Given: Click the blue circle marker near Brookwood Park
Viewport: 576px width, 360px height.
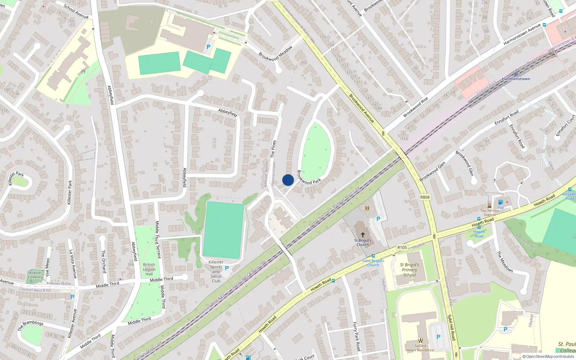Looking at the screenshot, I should coord(288,180).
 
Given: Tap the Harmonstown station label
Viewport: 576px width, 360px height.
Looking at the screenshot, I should coord(516,79).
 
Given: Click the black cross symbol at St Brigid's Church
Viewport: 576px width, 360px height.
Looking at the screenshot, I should coord(363,235).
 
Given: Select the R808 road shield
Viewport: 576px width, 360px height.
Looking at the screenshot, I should coord(425,197).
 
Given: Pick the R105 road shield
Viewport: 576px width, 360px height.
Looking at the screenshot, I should coord(402,247).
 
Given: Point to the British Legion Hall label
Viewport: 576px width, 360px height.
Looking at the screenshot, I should coord(149,269).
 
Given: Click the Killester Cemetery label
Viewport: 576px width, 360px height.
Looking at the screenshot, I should coord(36,275).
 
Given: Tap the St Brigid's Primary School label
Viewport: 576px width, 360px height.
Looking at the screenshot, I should coord(409,270).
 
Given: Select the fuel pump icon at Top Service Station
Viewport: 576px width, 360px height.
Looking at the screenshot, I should coord(500,202).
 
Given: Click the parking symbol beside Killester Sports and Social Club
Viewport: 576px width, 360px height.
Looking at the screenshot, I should coord(227,268).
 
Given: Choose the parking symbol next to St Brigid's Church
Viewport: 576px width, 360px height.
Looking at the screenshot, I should coord(378,219).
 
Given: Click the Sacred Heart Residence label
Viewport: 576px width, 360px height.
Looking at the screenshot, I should coord(420,348).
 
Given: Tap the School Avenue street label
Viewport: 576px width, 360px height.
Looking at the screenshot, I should coord(76,12).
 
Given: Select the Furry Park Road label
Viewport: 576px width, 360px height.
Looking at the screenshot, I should coord(356,337).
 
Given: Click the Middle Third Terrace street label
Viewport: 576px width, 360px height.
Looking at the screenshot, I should coord(158,240).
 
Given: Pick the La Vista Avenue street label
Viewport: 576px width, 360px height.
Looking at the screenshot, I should coord(73,264).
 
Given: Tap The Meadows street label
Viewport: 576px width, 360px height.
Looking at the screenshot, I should coord(505,262).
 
